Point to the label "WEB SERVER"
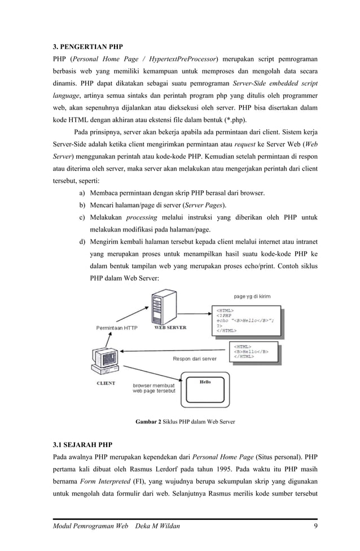pyautogui.click(x=170, y=327)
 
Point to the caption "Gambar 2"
pyautogui.click(x=148, y=422)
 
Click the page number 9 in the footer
pyautogui.click(x=315, y=527)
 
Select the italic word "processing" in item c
pyautogui.click(x=141, y=218)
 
